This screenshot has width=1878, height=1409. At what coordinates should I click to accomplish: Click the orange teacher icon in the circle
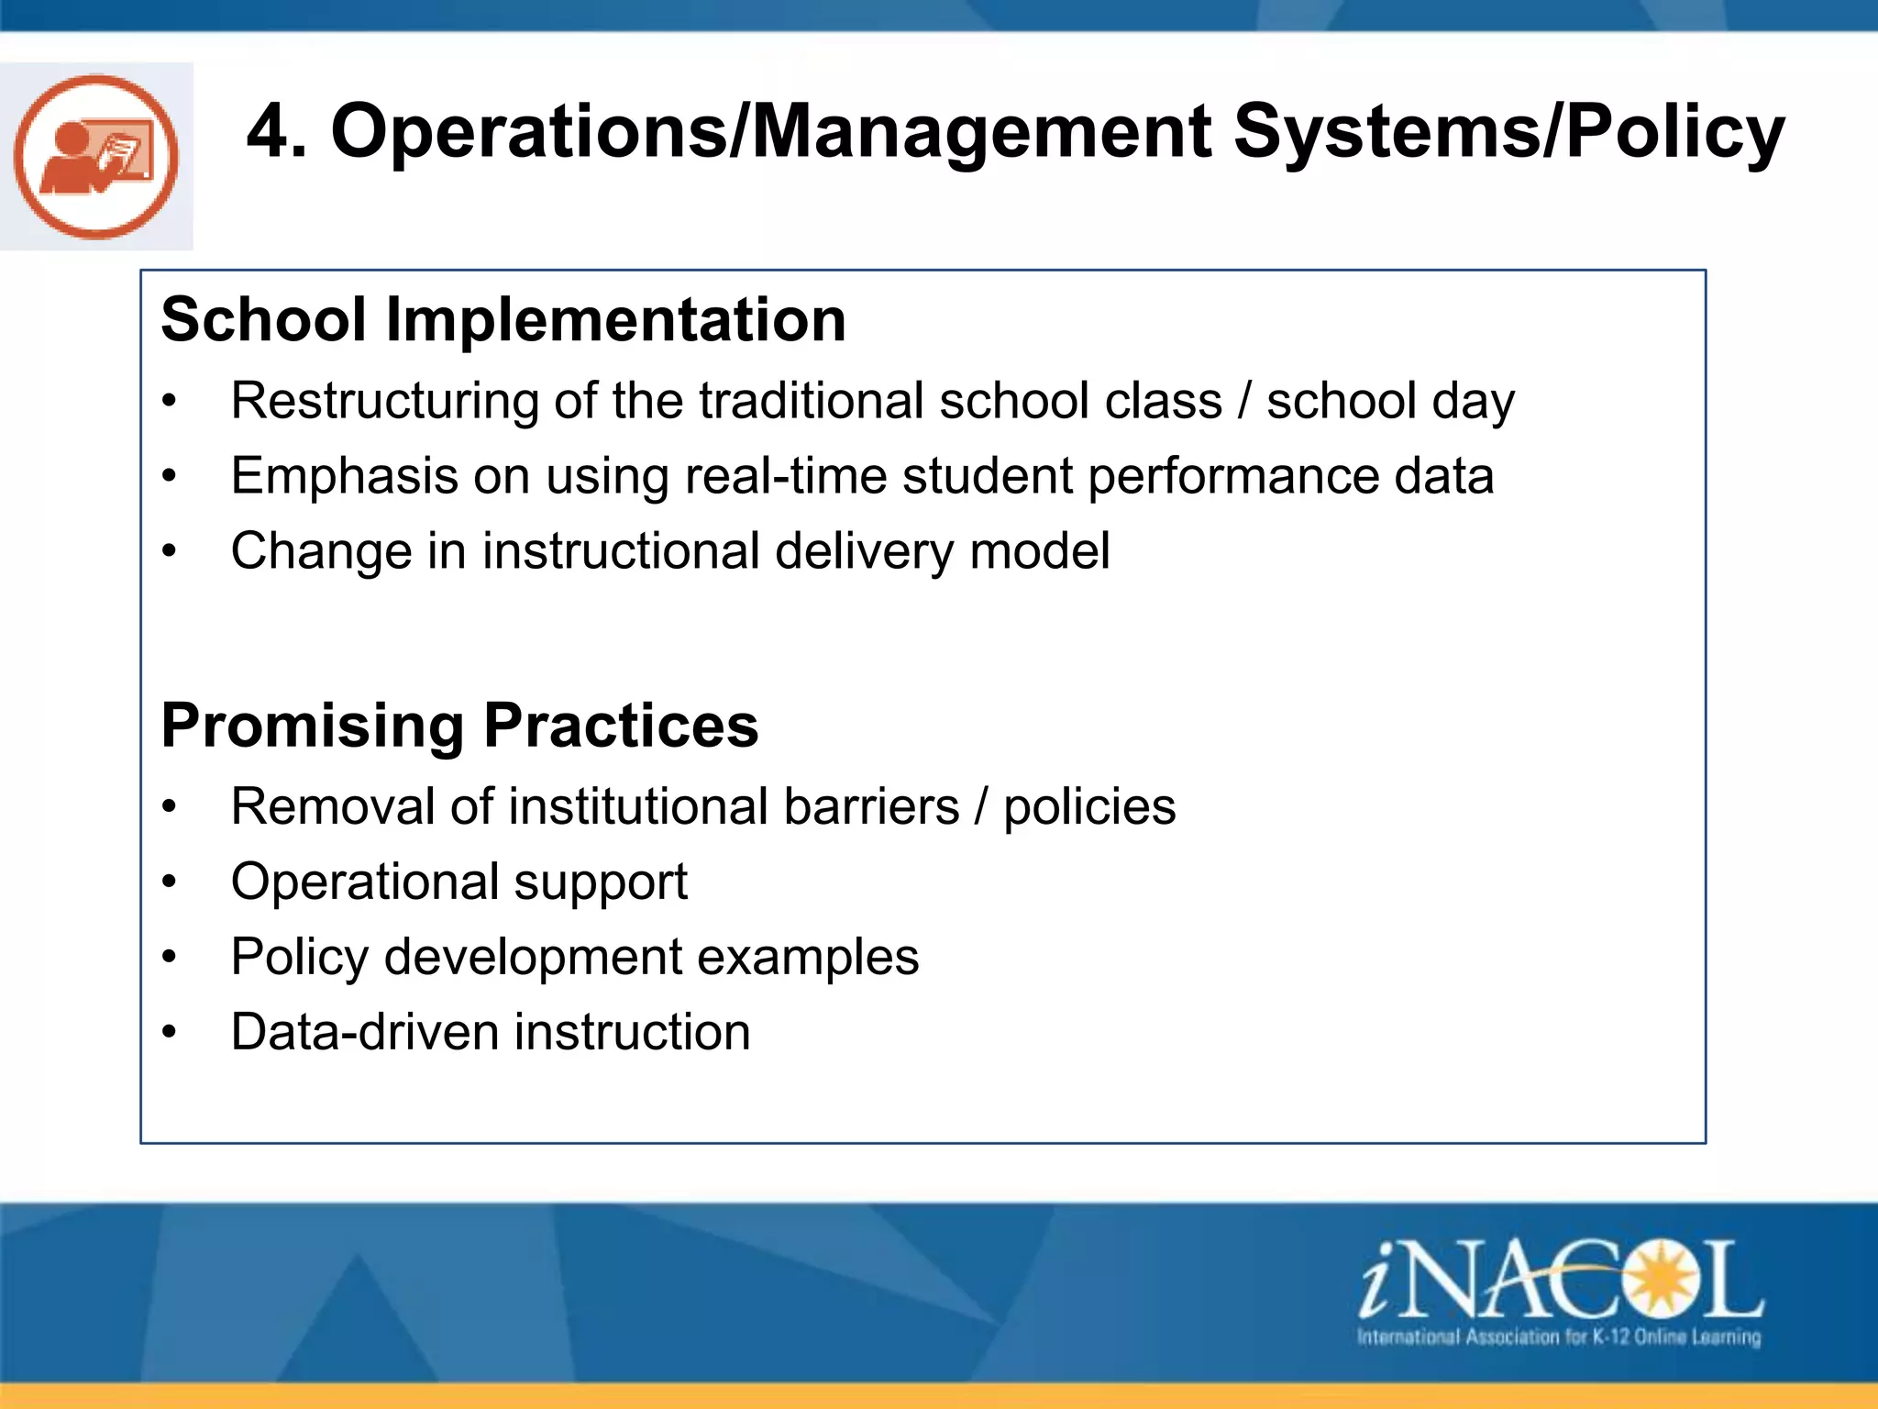(96, 157)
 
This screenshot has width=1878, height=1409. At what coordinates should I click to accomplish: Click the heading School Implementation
(503, 320)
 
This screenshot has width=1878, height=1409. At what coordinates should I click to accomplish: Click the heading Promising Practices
(459, 726)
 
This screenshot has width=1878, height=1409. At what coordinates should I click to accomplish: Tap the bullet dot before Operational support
(169, 882)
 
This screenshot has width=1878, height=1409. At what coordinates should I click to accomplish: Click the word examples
(808, 958)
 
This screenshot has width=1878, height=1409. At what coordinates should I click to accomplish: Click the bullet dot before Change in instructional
(169, 551)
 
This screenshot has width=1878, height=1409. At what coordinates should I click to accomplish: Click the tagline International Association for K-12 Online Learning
(1558, 1337)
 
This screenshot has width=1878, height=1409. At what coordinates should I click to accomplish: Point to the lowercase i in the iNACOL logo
(1378, 1280)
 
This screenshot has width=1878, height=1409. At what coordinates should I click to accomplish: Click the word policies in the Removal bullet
(1089, 807)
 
